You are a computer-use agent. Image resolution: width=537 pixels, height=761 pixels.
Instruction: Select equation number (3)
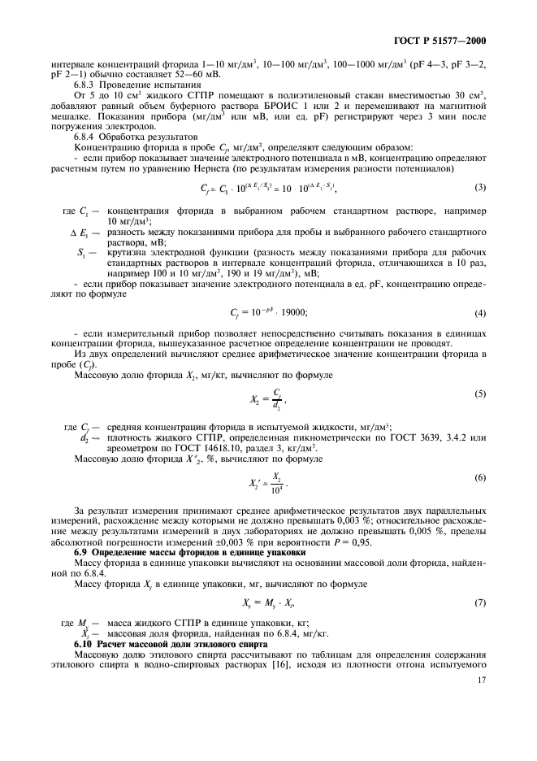click(481, 211)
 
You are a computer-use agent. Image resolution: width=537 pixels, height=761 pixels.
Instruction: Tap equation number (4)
click(481, 314)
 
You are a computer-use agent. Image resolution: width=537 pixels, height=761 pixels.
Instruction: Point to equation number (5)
click(481, 394)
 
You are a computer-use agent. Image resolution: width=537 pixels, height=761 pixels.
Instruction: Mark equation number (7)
click(481, 602)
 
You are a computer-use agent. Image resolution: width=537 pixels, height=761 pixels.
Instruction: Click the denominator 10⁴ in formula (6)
click(278, 487)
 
